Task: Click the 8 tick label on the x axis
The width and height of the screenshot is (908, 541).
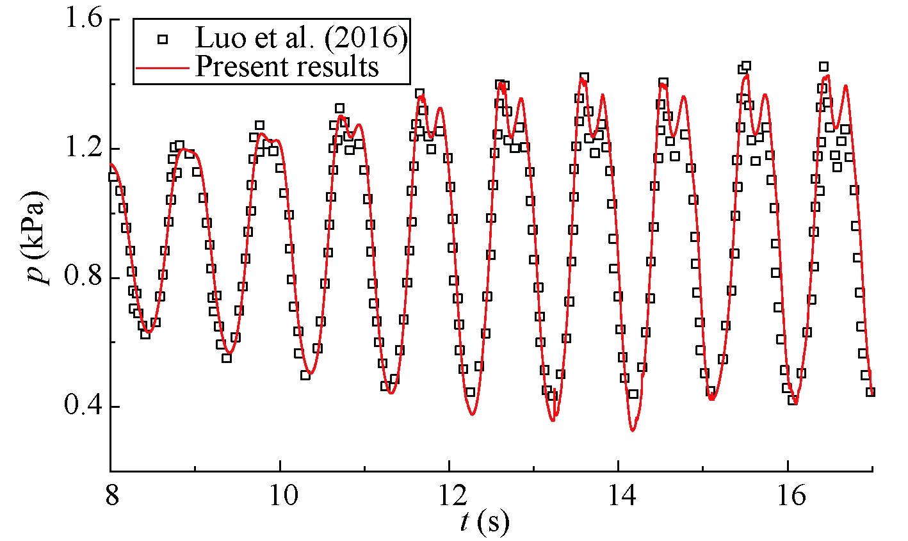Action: pos(111,496)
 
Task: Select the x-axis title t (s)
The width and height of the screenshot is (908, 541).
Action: pos(484,523)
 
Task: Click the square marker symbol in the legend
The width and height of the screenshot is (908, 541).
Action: pos(163,40)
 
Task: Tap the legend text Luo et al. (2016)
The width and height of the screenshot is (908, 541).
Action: pos(301,39)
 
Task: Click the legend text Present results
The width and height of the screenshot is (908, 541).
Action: pos(287,66)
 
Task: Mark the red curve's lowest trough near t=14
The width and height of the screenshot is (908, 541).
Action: pos(633,430)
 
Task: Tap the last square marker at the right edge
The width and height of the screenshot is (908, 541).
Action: pos(870,392)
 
